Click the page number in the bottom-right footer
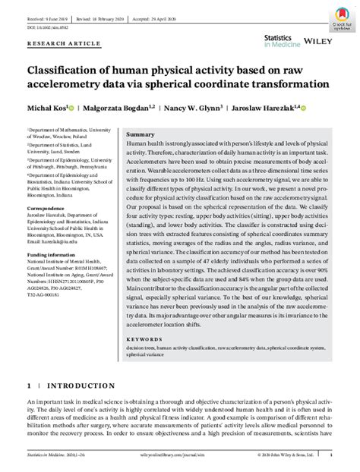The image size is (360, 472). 331,455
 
